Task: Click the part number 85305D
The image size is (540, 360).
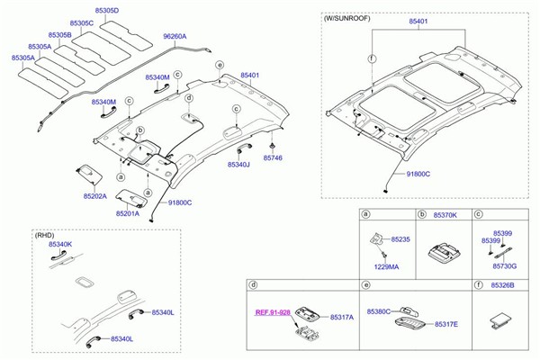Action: pos(113,11)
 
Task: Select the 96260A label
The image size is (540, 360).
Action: pos(175,37)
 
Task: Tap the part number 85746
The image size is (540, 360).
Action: pos(273,157)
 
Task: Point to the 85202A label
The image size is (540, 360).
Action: pos(95,195)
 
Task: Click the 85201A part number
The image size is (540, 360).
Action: pos(127,214)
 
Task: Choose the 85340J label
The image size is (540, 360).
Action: pos(238,166)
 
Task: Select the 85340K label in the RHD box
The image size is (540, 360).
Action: pos(60,245)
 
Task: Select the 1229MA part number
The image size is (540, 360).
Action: pos(386,267)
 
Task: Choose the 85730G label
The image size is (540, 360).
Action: pos(504,267)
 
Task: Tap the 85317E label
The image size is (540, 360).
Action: pos(447,324)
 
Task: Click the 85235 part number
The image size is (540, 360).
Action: pos(400,239)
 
